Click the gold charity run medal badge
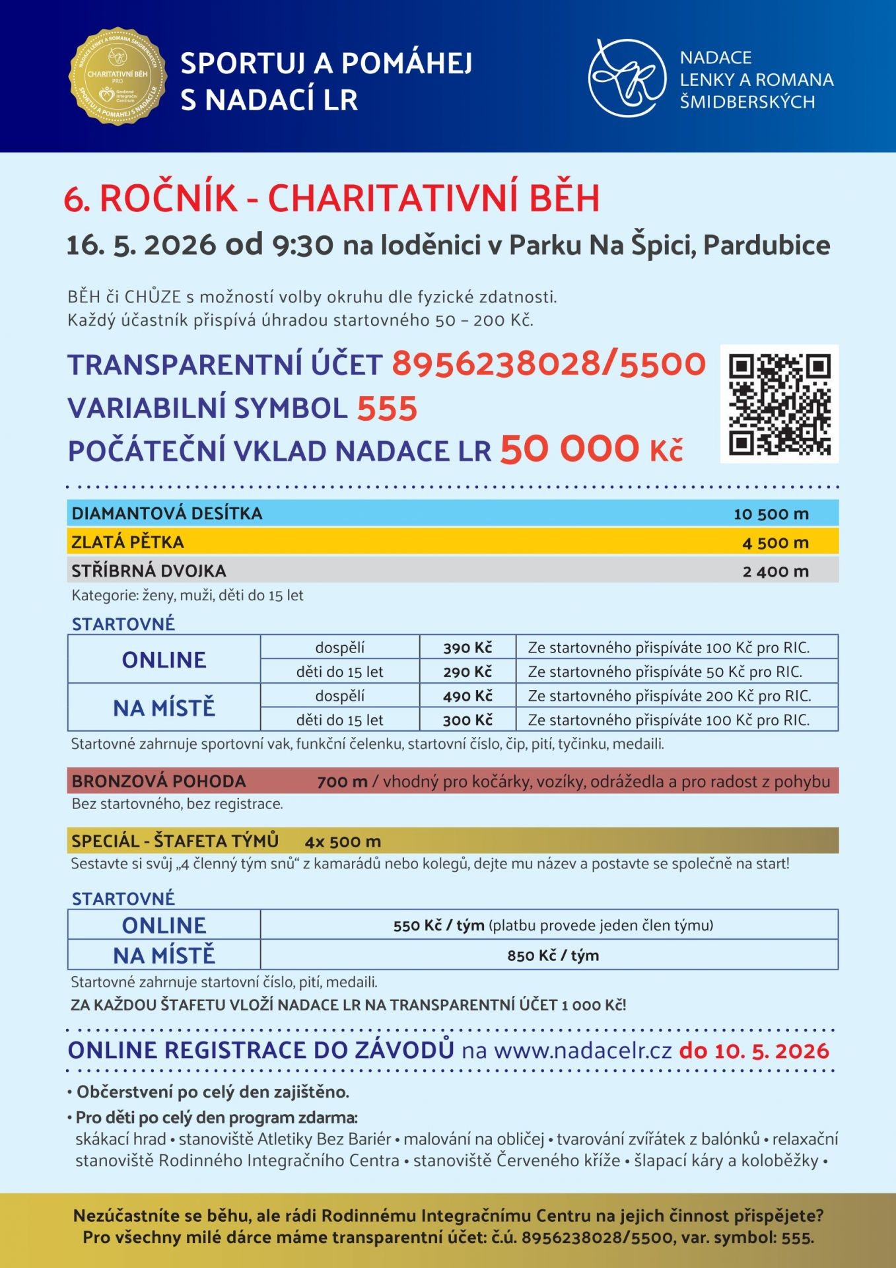point(118,76)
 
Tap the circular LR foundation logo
point(627,78)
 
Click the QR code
point(779,404)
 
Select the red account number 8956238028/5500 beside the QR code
point(549,364)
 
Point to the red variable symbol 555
point(387,408)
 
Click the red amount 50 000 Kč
point(591,450)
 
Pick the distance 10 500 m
point(771,514)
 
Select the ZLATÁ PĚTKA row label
point(127,542)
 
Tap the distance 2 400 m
point(775,571)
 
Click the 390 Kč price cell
point(467,648)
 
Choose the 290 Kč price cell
point(467,672)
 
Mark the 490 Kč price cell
point(467,696)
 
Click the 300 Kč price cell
point(467,720)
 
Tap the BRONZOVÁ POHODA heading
point(158,781)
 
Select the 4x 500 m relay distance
point(343,841)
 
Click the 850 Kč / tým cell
point(553,956)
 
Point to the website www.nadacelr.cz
point(582,1050)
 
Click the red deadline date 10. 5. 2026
point(754,1050)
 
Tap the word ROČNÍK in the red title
point(168,198)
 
